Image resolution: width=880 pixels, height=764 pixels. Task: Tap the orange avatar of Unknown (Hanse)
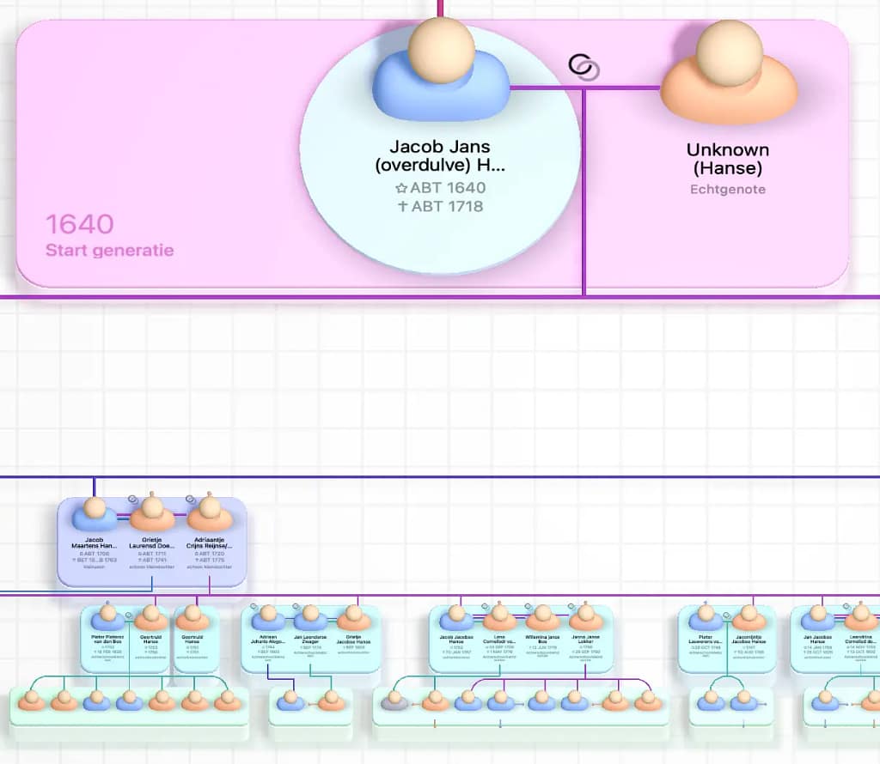point(728,73)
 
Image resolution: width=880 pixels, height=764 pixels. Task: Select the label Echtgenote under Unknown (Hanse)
point(728,190)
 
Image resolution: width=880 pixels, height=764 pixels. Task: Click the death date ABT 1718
point(441,206)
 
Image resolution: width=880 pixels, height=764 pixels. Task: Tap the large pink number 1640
point(79,224)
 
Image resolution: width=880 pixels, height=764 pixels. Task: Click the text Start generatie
point(109,251)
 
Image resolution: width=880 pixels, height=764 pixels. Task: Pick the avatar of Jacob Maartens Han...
point(95,513)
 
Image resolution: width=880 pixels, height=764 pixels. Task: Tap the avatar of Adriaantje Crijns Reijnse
point(210,513)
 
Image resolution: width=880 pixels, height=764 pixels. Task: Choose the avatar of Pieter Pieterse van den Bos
point(108,616)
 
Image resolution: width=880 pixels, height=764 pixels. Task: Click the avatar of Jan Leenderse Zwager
point(310,616)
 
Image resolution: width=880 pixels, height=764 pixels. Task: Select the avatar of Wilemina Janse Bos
point(543,616)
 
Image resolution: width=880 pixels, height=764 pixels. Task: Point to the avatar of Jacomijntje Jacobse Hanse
point(748,616)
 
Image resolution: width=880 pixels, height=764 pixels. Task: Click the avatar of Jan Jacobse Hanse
point(816,616)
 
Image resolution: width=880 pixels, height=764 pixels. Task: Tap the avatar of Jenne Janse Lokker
point(587,616)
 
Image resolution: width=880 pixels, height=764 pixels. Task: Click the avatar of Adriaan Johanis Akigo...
point(267,616)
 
